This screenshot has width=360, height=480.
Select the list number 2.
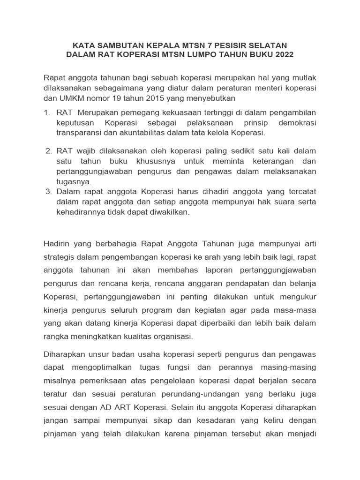[x=48, y=151]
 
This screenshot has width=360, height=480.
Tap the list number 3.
[x=48, y=192]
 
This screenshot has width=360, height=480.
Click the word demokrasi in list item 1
[x=297, y=123]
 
